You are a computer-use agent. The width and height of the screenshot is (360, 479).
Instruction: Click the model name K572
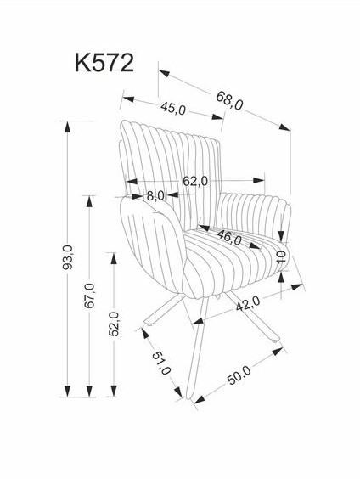point(104,63)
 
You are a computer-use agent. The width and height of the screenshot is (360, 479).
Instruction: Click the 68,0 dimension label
point(229,101)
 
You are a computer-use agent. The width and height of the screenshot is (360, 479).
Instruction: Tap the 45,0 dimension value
point(173,109)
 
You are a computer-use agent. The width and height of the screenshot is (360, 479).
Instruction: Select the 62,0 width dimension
point(195,181)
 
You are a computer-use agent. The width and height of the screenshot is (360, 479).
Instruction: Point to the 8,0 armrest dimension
point(155,196)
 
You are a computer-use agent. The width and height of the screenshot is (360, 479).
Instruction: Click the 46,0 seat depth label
point(229,238)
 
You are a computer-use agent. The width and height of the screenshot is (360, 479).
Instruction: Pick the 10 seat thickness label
point(282,257)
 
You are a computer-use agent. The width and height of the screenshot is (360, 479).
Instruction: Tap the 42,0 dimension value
point(248,304)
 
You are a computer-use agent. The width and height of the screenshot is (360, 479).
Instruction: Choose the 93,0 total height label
point(67,257)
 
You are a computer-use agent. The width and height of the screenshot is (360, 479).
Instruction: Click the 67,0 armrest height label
point(89,296)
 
